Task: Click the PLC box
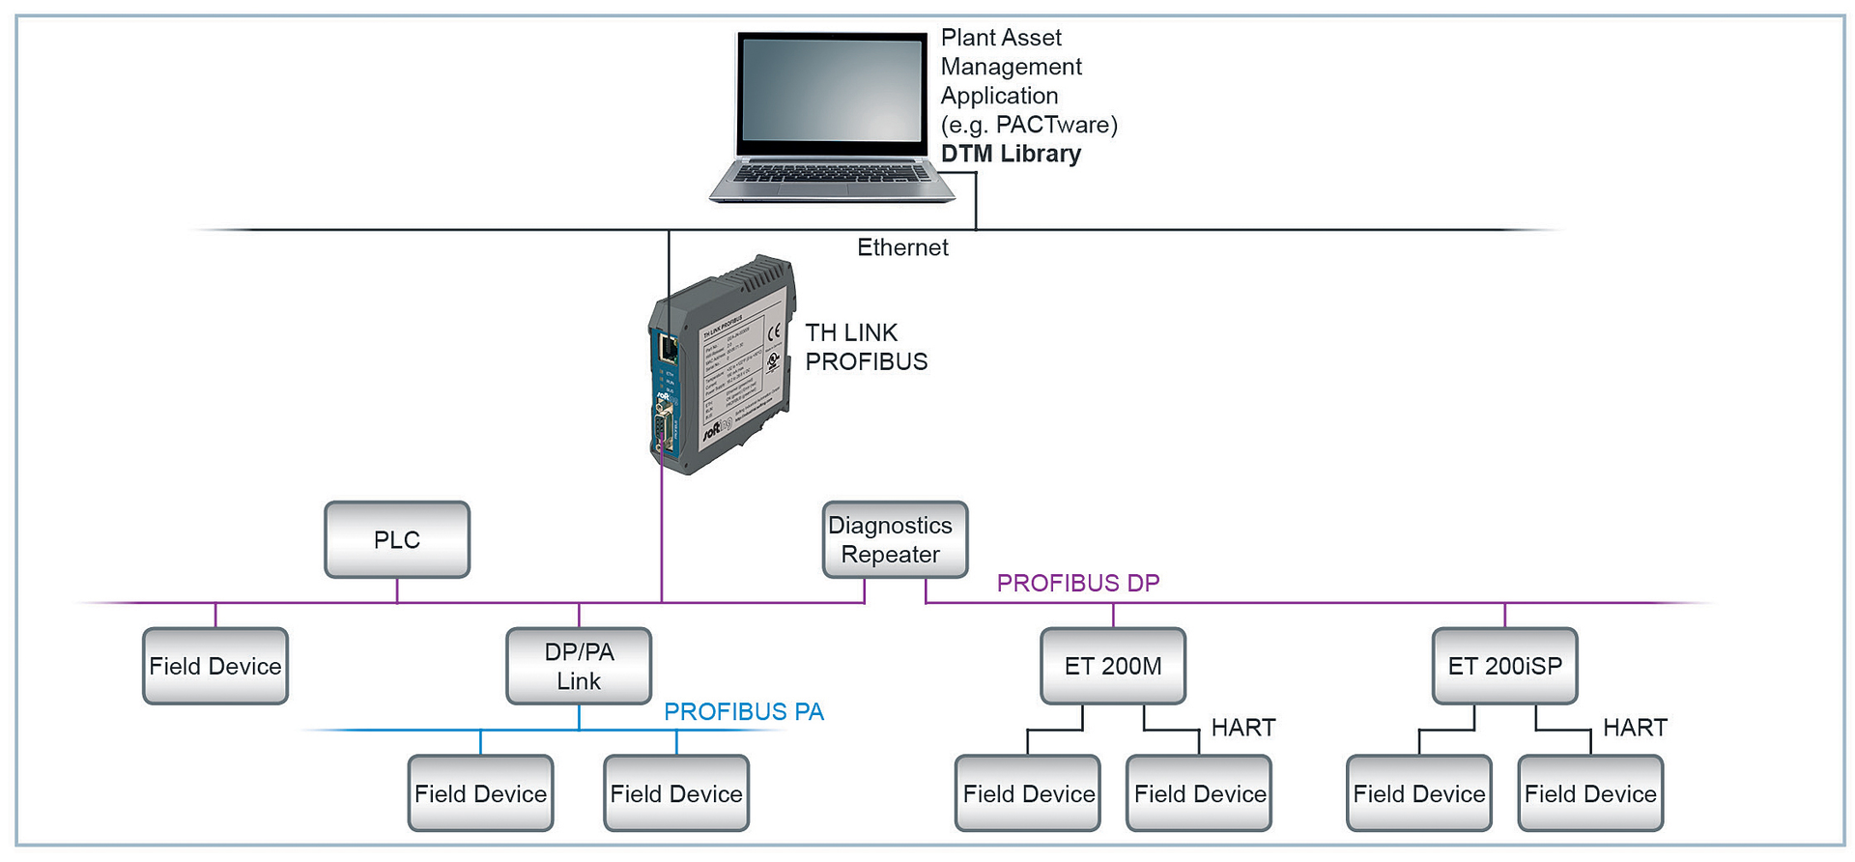coord(397,539)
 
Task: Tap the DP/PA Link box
coord(579,666)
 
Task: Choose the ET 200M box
coord(1113,666)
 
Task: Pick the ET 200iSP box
coord(1504,666)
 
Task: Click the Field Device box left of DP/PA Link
coord(215,666)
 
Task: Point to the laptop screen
coord(832,92)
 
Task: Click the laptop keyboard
coord(831,174)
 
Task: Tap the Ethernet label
coord(902,248)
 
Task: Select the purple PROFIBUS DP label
coord(1078,584)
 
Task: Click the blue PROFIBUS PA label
coord(744,712)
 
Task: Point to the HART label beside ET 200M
coord(1243,728)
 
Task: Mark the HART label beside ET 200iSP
coord(1635,728)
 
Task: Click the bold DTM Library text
coord(1011,155)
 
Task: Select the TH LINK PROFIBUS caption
coord(866,347)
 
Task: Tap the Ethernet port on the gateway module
coord(668,345)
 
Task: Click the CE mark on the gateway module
coord(774,333)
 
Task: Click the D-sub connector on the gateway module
coord(664,426)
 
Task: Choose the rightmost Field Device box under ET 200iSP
coord(1590,793)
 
